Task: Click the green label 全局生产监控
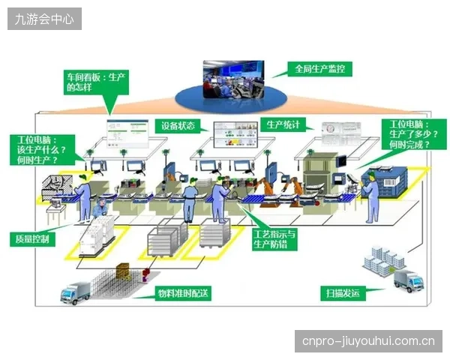(x=319, y=69)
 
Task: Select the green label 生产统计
(x=283, y=124)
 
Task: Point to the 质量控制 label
(x=32, y=238)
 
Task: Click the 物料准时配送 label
(x=183, y=293)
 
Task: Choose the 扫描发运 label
(x=343, y=293)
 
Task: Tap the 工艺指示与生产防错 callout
(x=274, y=239)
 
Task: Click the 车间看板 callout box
(x=96, y=82)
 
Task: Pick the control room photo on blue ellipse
(x=233, y=79)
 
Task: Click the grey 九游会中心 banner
(x=44, y=19)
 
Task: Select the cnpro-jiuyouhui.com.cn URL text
(x=368, y=341)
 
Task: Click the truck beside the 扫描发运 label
(x=409, y=280)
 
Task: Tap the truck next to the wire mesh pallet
(x=75, y=292)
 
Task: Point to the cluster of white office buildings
(x=383, y=261)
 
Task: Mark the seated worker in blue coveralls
(x=100, y=208)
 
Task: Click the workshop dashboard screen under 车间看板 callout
(x=128, y=133)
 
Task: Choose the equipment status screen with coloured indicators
(x=235, y=135)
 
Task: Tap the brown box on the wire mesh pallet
(x=124, y=271)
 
